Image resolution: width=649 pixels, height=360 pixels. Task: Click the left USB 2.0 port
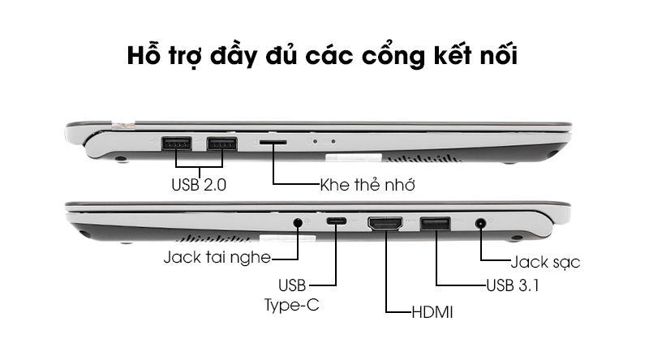coord(176,144)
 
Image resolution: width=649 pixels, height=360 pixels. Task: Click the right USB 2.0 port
coord(222,144)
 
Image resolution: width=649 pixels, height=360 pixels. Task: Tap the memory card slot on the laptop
coord(273,142)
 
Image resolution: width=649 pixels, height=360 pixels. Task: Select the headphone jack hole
coord(298,223)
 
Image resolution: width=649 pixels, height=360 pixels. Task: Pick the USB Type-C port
coord(336,221)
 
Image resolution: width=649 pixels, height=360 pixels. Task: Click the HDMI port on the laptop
coord(385,224)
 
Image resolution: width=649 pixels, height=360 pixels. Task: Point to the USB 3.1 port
coord(436,224)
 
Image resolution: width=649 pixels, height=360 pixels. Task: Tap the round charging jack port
coord(480,224)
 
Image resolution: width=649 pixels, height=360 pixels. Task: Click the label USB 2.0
coord(199,185)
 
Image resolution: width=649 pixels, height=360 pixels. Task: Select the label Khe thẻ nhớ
coord(367,185)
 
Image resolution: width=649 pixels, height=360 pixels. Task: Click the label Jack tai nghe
coord(217,257)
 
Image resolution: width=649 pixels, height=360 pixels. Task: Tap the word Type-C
coord(292,306)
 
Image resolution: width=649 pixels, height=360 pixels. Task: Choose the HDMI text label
coord(432,312)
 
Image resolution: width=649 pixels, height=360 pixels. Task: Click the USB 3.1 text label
coord(513,285)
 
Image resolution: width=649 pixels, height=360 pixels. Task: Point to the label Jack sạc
coord(545,262)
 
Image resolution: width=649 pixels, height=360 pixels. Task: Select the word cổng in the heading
coord(393,56)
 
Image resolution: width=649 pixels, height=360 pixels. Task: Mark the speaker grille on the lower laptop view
coord(214,238)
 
